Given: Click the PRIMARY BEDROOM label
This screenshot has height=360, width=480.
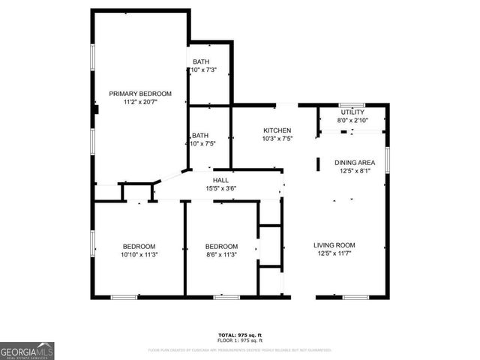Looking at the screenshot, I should [x=140, y=94].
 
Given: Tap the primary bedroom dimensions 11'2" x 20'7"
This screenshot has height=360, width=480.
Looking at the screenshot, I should [x=140, y=102].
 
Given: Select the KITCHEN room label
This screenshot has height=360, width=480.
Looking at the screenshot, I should [x=277, y=130].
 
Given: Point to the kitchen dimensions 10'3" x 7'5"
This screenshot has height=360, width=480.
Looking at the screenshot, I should [x=277, y=139].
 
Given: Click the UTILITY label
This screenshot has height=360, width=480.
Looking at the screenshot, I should [x=352, y=112].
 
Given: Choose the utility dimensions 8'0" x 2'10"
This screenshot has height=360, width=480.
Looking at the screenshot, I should [x=352, y=120].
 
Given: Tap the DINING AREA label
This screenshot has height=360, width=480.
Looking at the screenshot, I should [x=355, y=163].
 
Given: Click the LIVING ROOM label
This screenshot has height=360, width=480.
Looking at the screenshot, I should [x=334, y=245].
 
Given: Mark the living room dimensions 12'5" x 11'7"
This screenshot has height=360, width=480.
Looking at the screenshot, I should [x=334, y=253].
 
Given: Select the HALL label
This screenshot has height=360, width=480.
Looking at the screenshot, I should [x=221, y=180].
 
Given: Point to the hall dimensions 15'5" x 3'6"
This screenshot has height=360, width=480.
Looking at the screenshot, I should [x=221, y=188].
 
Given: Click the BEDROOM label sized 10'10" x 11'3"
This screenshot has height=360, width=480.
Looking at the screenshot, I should [x=139, y=247].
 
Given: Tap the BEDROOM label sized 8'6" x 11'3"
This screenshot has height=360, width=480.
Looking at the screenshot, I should [x=222, y=247].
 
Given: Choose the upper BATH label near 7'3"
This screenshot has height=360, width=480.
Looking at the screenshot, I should [x=201, y=61].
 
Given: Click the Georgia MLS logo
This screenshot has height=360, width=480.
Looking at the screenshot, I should [x=27, y=350].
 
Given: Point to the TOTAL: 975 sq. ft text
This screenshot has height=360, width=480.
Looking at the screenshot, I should [x=240, y=334].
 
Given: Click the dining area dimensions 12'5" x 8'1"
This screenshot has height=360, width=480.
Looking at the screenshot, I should [x=355, y=171].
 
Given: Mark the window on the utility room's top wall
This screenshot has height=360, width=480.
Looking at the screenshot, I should [x=352, y=104].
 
